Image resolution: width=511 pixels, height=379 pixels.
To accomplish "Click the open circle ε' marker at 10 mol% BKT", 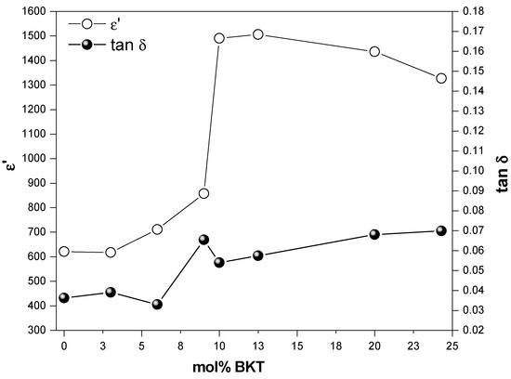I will point(219,39).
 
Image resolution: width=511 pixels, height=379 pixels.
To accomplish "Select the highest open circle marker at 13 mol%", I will point(258,34).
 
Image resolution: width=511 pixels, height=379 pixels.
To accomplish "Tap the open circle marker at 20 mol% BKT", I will point(374,51).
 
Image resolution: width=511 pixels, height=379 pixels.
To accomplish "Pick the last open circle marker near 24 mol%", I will point(440,78).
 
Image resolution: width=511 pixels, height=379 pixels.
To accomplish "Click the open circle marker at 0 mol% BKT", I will point(64,251).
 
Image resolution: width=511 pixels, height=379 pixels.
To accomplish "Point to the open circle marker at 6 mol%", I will point(157,229).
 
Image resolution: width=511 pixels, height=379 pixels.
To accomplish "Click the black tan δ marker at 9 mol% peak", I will point(203,240).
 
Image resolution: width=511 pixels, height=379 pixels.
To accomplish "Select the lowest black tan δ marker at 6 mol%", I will point(157,304).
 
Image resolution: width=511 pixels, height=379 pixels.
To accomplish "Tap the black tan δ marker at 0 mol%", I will point(64,297).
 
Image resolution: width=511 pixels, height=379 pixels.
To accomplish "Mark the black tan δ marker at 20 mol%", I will point(374,234).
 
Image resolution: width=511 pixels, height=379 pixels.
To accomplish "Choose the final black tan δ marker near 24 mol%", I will point(440,230).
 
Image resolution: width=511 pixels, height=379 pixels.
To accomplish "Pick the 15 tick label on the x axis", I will point(296,346).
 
